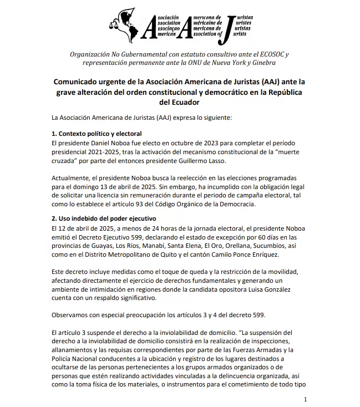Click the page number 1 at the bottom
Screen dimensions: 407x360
[x=305, y=399]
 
